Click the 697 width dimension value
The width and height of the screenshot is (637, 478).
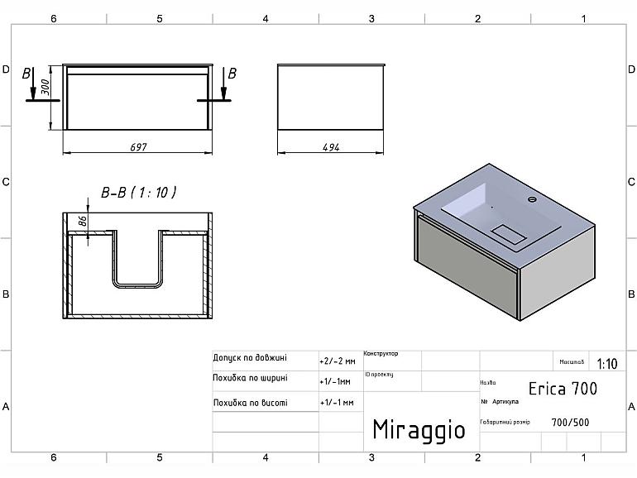(138, 147)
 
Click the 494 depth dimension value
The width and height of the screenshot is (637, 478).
(332, 147)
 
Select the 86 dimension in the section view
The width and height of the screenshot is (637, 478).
(82, 222)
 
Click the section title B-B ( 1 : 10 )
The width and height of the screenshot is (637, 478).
(138, 192)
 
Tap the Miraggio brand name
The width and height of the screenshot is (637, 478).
(419, 429)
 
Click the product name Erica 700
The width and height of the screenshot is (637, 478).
(563, 388)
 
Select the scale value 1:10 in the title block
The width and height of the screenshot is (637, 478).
(606, 363)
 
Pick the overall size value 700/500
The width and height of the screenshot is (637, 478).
(571, 422)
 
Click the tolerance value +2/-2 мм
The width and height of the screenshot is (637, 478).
(337, 361)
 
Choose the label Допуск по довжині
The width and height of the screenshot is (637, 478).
(250, 359)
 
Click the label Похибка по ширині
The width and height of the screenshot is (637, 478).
(251, 378)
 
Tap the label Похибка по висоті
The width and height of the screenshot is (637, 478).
(251, 403)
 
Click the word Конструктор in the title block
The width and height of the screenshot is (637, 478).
(381, 354)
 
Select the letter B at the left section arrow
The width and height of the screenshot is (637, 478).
(26, 73)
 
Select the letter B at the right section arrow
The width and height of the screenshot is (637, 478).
(232, 73)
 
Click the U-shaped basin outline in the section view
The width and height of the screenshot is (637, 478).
(138, 284)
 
